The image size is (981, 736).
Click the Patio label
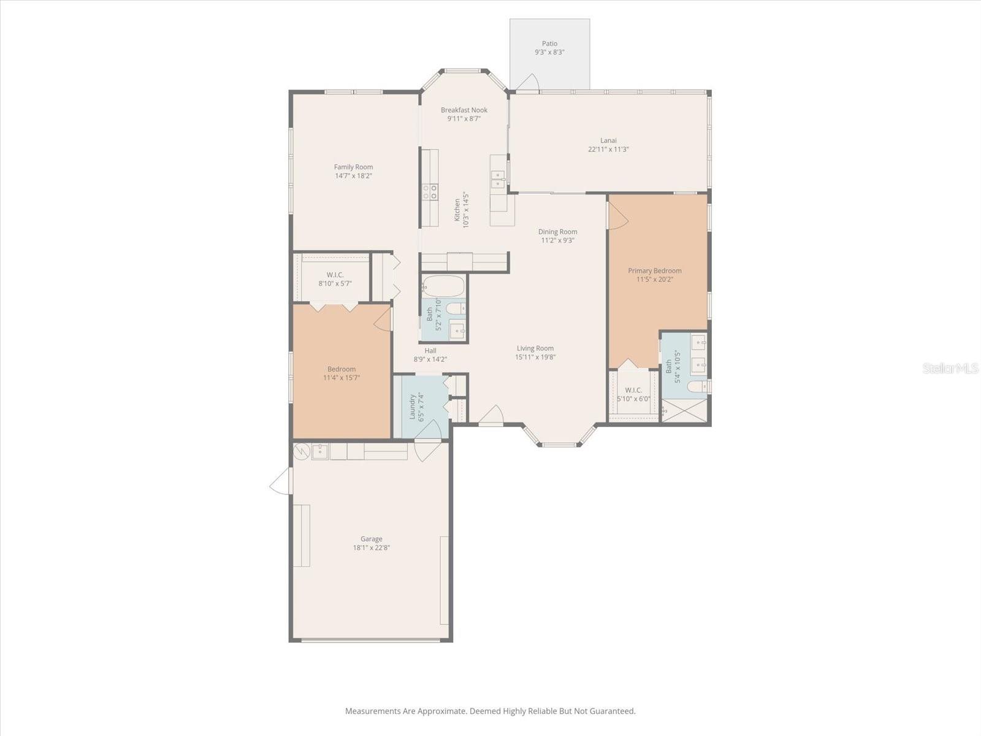tap(549, 44)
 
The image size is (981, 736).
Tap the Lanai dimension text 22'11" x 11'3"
tap(608, 149)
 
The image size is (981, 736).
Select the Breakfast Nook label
tap(464, 110)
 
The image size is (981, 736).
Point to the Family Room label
tap(353, 167)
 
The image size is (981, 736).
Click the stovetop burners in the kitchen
tap(430, 192)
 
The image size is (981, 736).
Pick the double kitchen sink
tap(498, 179)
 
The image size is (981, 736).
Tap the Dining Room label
tap(557, 231)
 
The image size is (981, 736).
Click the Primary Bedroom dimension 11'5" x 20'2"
tap(655, 279)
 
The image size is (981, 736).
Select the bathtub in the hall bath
tap(443, 286)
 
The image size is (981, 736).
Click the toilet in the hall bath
tap(456, 309)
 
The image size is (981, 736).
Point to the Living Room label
tap(535, 348)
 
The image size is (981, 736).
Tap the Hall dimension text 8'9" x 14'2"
tap(430, 359)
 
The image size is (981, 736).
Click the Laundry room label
tap(413, 407)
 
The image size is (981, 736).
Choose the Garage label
tap(372, 539)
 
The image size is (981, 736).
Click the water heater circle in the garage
tap(301, 451)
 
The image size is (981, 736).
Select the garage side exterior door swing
tap(281, 481)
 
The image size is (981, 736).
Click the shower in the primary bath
tap(684, 410)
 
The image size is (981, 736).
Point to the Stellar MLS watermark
tap(950, 368)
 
